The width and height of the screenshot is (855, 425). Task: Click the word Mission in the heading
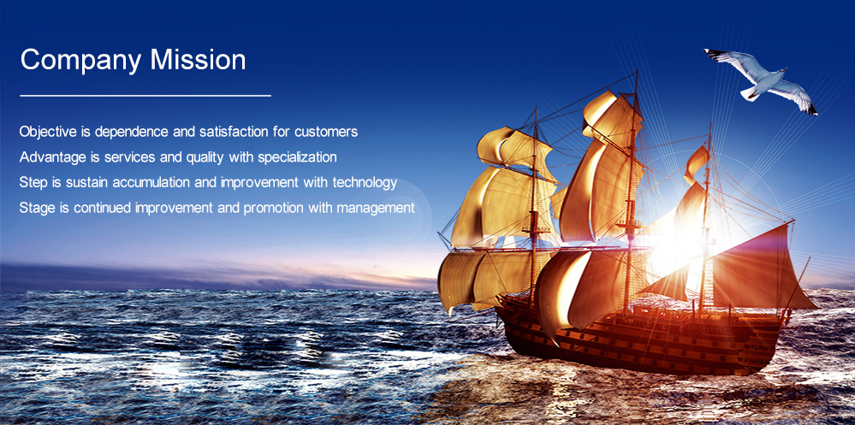pyautogui.click(x=198, y=59)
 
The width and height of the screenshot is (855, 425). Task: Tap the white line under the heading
pyautogui.click(x=145, y=96)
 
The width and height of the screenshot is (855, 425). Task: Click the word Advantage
pyautogui.click(x=52, y=158)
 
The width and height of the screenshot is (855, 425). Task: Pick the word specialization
pyautogui.click(x=297, y=158)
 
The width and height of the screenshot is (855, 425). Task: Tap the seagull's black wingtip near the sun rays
pyautogui.click(x=812, y=110)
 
